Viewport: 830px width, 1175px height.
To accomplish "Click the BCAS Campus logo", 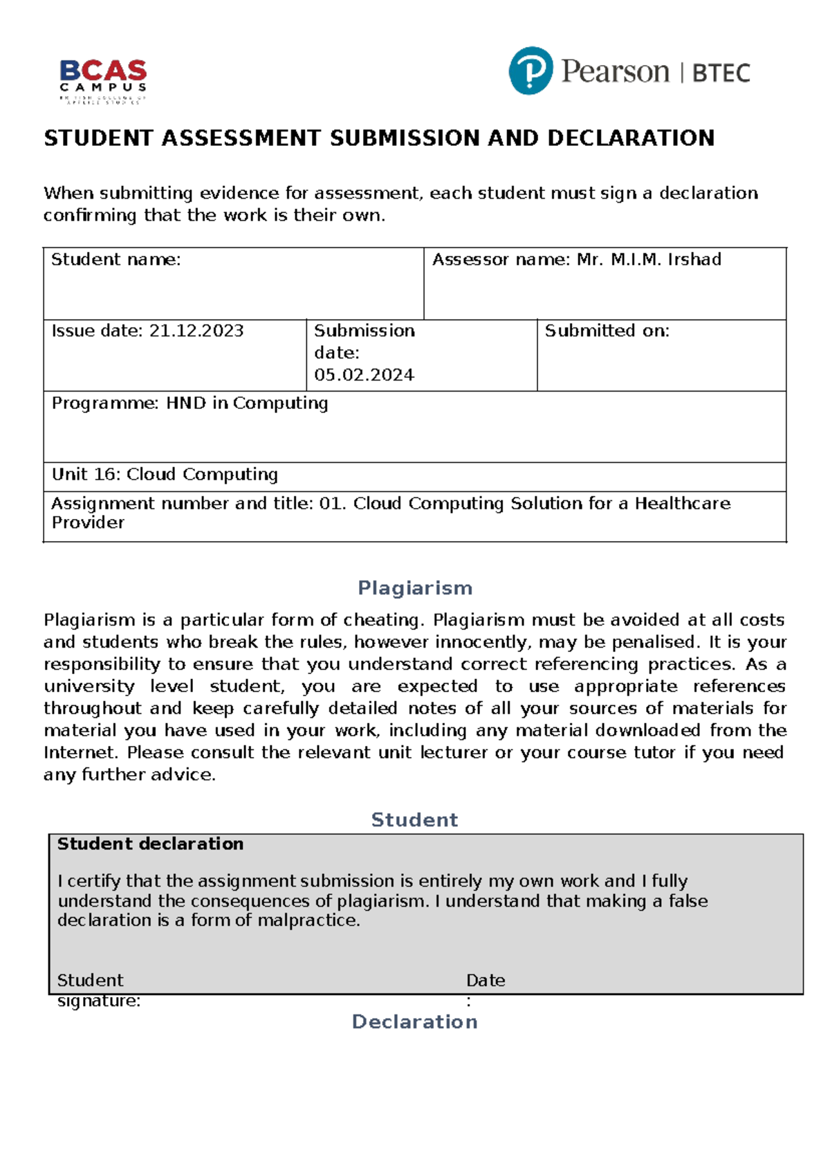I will point(103,80).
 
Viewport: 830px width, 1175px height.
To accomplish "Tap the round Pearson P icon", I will point(531,71).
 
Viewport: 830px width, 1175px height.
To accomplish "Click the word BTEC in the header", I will point(721,73).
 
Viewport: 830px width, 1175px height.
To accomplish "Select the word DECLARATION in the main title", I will point(630,138).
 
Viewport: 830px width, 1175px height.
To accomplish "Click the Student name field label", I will point(116,259).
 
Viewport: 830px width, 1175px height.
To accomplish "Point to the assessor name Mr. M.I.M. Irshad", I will point(649,259).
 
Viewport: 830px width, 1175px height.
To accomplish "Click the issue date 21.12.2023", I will point(196,331).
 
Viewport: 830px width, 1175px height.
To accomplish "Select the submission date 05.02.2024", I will point(364,375).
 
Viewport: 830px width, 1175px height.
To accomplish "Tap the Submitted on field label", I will point(607,331).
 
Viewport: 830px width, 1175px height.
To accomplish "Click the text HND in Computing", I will point(246,403).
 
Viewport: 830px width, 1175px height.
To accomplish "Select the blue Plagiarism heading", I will point(415,588).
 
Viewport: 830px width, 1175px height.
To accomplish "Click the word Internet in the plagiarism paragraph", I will point(80,752).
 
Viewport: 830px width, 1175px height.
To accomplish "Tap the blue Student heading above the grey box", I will point(414,820).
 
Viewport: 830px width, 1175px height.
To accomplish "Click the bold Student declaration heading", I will point(150,844).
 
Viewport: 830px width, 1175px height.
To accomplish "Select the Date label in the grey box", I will point(486,981).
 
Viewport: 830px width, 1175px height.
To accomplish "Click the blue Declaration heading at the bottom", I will point(414,1022).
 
